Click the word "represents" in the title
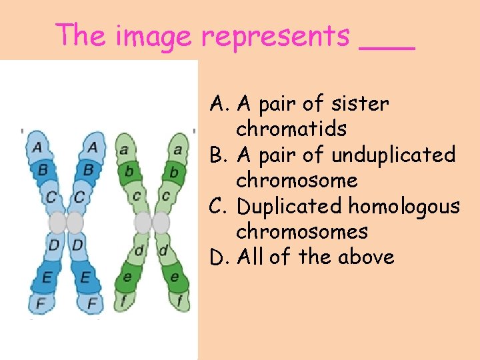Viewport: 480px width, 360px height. tap(275, 36)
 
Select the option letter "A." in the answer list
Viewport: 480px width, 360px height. tap(220, 104)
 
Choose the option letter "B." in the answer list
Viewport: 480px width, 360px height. tap(220, 155)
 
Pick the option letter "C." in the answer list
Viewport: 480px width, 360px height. tap(220, 207)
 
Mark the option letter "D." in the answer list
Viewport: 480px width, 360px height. tap(220, 257)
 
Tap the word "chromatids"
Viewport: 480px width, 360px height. tap(291, 129)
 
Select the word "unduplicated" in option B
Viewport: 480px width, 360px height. tap(393, 155)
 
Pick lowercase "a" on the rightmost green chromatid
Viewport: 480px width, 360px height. tap(177, 150)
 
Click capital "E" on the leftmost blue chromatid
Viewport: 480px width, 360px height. tap(45, 277)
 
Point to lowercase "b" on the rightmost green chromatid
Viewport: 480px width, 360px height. tap(173, 173)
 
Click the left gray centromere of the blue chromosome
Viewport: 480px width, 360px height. tap(58, 222)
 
